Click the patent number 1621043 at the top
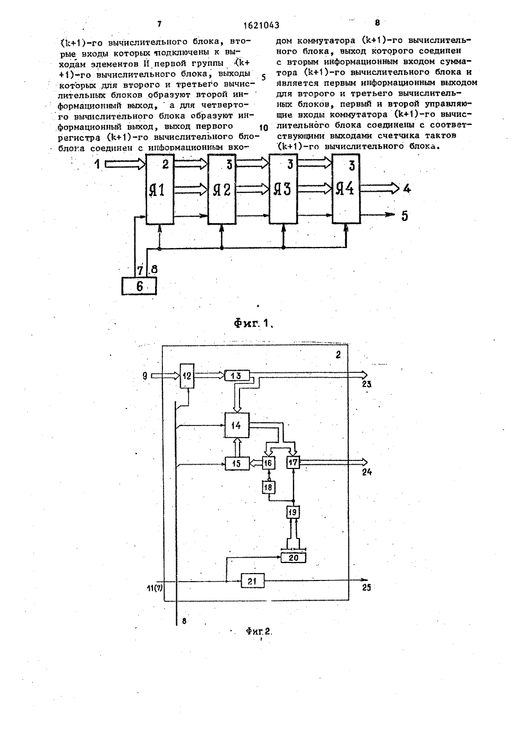pyautogui.click(x=261, y=25)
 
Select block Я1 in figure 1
pyautogui.click(x=160, y=189)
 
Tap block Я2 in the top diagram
pyautogui.click(x=222, y=189)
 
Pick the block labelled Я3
pyautogui.click(x=283, y=189)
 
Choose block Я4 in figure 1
pyautogui.click(x=346, y=189)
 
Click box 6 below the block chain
pyautogui.click(x=139, y=286)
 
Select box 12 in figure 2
pyautogui.click(x=187, y=376)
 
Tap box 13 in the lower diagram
pyautogui.click(x=237, y=375)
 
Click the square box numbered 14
pyautogui.click(x=237, y=425)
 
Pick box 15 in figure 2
pyautogui.click(x=237, y=464)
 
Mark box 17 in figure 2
pyautogui.click(x=293, y=463)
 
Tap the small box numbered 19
pyautogui.click(x=293, y=512)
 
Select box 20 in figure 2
pyautogui.click(x=293, y=558)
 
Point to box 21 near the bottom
pyautogui.click(x=252, y=581)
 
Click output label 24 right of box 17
pyautogui.click(x=367, y=472)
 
